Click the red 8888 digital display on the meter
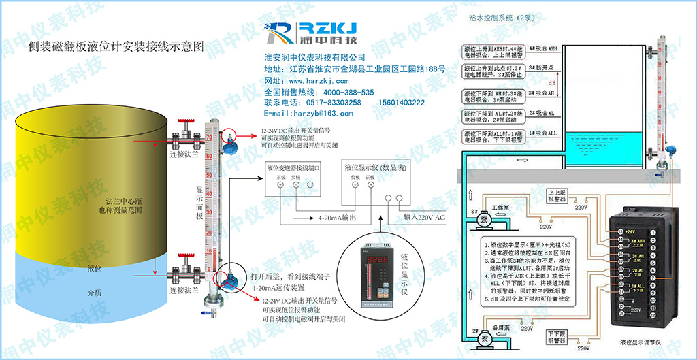tap(385, 261)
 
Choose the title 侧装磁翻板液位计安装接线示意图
tap(116, 48)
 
